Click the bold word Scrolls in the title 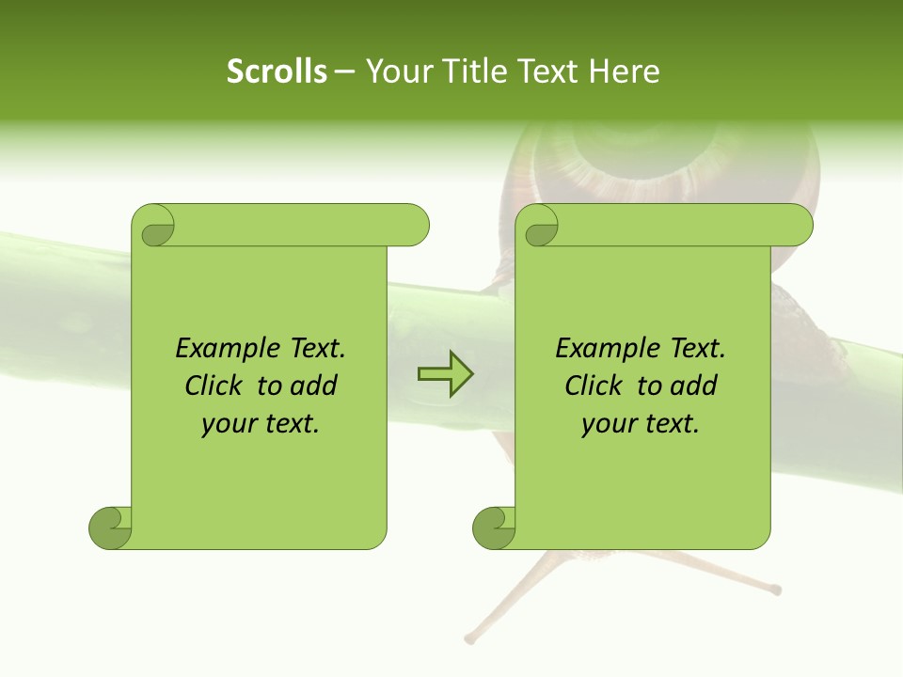[277, 71]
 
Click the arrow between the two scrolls [445, 374]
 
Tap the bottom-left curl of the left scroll [109, 527]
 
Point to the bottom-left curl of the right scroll [493, 527]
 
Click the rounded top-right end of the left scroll [414, 226]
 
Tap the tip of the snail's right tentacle [775, 590]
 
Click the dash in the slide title [345, 71]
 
